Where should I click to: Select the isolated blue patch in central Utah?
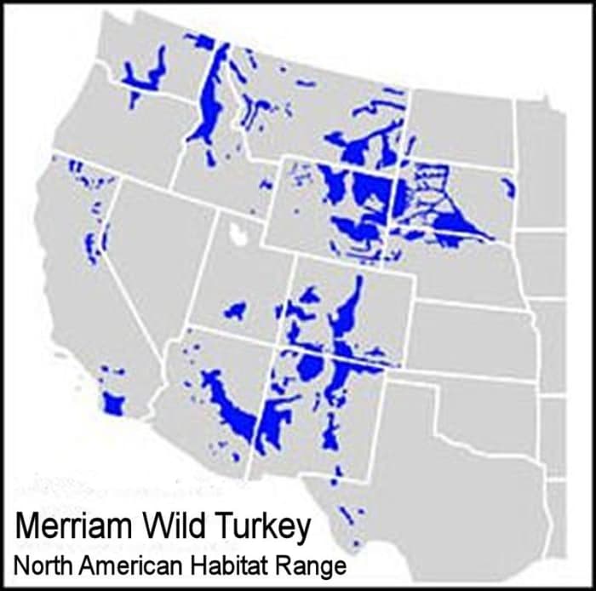(236, 310)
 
